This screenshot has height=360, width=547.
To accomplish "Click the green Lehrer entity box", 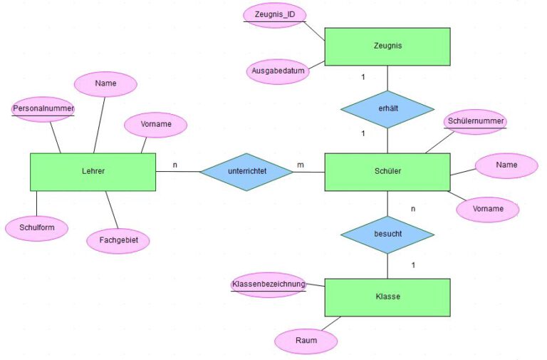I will pos(93,172).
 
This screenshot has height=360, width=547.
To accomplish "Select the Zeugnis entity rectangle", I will pos(387,46).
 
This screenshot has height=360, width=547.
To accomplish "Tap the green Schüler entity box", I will pos(387,172).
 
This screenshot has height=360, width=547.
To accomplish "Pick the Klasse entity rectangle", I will pos(387,297).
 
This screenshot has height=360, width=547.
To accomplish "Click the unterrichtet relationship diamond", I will pos(246,172).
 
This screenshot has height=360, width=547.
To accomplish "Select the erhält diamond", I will pos(387,109).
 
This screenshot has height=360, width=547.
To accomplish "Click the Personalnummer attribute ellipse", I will pos(43,109).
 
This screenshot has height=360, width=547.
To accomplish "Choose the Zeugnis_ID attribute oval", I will pos(275,15).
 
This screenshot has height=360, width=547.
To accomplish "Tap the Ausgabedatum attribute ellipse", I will pos(278,71).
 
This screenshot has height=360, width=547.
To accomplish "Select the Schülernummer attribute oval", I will pos(476,122).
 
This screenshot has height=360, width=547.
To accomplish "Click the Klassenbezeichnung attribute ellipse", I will pos(268,284).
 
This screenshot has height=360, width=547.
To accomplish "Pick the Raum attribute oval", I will pos(306,341).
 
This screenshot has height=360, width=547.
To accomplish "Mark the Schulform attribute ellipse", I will pos(36,228).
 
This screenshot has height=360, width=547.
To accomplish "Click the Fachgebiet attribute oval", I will pos(118,241).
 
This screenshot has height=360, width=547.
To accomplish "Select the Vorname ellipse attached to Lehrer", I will pos(155,125).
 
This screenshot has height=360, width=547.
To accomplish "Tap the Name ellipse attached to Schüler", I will pos(506,165).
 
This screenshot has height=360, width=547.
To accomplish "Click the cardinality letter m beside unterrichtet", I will pos(301,165).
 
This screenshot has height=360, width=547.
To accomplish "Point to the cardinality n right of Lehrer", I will pos(175,165).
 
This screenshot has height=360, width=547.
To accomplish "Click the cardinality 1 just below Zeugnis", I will pos(363,77).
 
